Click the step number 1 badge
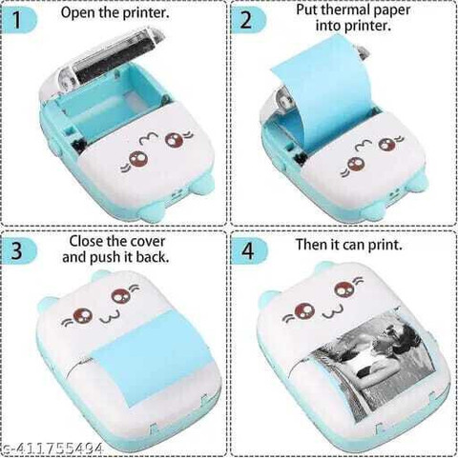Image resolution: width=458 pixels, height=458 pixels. coord(18,20)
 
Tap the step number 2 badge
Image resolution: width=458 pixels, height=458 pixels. coord(248,20)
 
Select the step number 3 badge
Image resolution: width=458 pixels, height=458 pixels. coord(18,250)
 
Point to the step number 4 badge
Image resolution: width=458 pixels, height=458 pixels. coord(248,250)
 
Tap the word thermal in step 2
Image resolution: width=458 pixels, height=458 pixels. coord(346,10)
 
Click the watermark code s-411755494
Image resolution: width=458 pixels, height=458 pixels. coord(52,448)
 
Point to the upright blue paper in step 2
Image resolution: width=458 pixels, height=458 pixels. coord(322,89)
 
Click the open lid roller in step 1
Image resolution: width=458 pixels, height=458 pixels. coord(114,60)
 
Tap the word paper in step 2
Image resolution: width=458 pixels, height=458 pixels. coord(392,10)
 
